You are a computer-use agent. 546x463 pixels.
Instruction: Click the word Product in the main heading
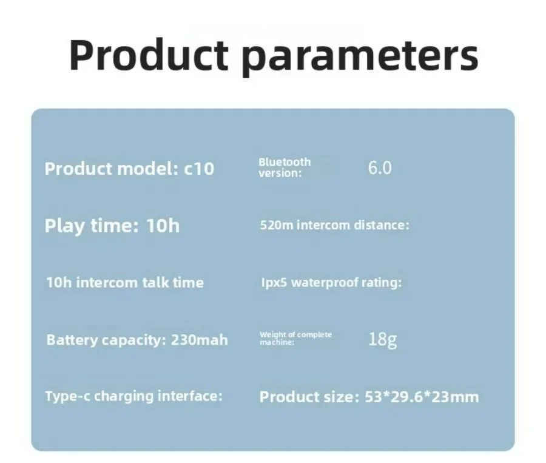click(149, 55)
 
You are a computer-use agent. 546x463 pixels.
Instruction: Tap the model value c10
click(199, 169)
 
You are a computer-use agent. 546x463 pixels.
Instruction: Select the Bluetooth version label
click(285, 167)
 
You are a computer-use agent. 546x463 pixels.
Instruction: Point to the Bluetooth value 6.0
click(380, 168)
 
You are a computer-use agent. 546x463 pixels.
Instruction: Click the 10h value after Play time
click(163, 225)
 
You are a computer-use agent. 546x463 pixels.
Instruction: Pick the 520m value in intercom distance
click(277, 225)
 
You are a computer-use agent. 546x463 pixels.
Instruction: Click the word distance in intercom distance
click(382, 225)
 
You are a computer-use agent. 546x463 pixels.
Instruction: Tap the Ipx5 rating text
click(274, 283)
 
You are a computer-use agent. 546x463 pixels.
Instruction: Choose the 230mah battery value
click(199, 340)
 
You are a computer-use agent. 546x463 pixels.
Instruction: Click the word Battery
click(72, 340)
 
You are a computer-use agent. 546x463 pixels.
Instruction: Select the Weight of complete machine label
click(295, 338)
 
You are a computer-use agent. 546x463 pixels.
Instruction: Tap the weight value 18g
click(382, 339)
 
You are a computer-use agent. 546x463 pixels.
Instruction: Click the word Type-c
click(67, 396)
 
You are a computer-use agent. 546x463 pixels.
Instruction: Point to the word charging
click(124, 396)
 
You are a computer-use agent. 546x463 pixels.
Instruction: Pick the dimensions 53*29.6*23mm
click(422, 397)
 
